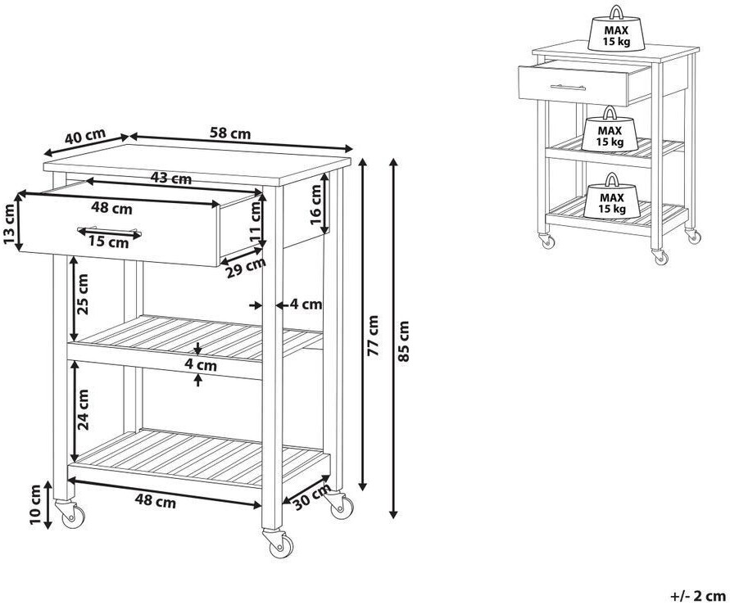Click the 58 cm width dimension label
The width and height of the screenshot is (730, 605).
[x=230, y=133]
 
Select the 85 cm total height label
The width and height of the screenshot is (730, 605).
[x=404, y=341]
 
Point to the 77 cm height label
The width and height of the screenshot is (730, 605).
[x=374, y=336]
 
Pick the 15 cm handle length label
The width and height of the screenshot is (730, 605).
[x=108, y=242]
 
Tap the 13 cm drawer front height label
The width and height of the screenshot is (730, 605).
[x=9, y=224]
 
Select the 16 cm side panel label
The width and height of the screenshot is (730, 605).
[x=315, y=205]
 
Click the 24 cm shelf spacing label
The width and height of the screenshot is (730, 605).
[x=82, y=409]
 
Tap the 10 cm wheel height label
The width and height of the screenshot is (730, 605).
[x=34, y=504]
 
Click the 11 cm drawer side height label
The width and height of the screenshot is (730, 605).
[x=255, y=221]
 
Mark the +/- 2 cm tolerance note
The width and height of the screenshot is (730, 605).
[x=698, y=596]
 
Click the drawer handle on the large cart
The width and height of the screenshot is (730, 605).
[x=110, y=231]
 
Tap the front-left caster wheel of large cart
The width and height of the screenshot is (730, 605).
[x=70, y=513]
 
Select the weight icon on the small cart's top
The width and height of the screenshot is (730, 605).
[x=616, y=29]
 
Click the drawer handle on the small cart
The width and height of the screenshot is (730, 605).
[x=568, y=87]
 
